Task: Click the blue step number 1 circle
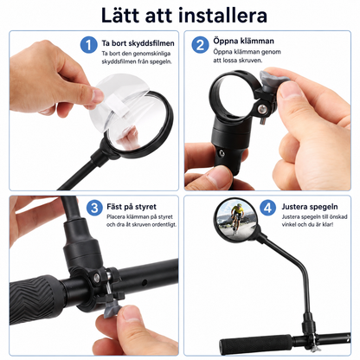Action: click(x=88, y=45)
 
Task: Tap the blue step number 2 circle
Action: click(x=200, y=45)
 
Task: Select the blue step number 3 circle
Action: click(x=94, y=208)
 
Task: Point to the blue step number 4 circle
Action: click(x=268, y=208)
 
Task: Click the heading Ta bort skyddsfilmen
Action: click(x=138, y=43)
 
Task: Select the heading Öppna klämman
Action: click(x=243, y=41)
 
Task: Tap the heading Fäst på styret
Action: click(x=132, y=207)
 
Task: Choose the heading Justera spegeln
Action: click(x=310, y=207)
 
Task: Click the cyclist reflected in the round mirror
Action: click(x=237, y=218)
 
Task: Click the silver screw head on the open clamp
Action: click(x=262, y=108)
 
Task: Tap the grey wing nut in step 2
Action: click(x=269, y=80)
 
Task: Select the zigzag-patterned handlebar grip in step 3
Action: click(x=37, y=299)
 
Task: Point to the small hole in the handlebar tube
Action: click(x=144, y=281)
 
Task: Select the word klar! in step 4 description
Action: click(x=327, y=224)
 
